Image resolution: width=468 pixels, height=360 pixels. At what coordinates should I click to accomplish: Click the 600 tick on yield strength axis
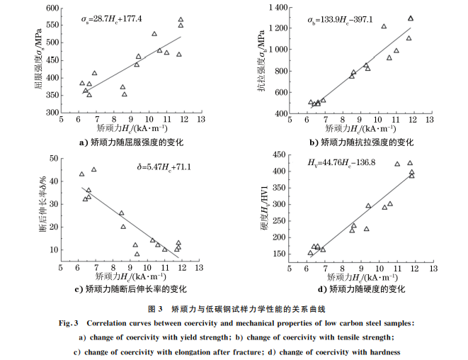tap(52, 9)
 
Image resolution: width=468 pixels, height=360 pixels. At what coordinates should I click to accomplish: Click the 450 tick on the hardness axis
tap(278, 154)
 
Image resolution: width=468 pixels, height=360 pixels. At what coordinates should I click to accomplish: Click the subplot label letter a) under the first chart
tap(84, 142)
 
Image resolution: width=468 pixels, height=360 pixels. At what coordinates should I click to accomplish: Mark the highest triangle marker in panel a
tap(181, 20)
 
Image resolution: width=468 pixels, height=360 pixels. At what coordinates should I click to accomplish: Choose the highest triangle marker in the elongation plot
tap(93, 169)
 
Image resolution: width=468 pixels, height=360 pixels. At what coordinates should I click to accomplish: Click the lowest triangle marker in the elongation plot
tap(137, 254)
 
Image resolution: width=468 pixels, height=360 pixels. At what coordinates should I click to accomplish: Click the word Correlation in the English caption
tap(109, 322)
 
